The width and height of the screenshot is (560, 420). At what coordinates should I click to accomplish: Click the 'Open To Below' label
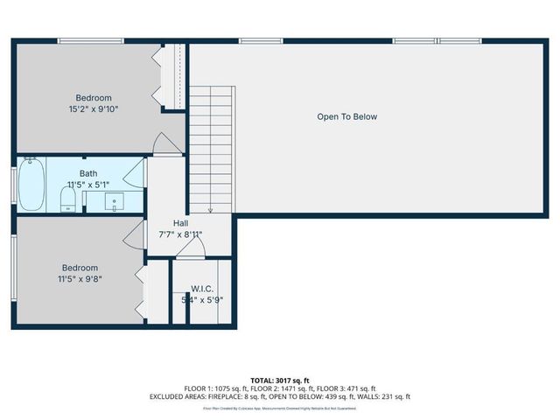346,116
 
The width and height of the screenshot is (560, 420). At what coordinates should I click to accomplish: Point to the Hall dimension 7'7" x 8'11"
180,234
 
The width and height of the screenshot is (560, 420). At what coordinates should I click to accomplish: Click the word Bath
88,173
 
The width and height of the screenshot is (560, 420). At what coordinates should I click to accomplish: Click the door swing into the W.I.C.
190,251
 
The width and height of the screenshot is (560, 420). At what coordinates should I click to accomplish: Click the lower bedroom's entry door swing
133,234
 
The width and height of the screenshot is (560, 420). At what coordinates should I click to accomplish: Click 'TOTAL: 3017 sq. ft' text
280,380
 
